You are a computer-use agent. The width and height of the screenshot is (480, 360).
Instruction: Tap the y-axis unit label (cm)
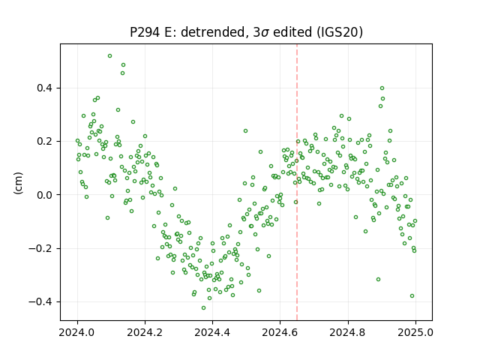point(18,183)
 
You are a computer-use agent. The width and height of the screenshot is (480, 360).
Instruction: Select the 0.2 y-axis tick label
point(45,142)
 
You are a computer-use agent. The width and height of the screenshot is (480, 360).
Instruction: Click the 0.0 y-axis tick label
point(45,195)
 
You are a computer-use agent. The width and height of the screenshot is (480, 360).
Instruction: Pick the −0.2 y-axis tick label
point(40,248)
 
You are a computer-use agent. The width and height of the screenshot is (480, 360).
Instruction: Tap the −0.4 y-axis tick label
point(40,301)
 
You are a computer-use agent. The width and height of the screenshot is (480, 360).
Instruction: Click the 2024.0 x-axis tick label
point(77,332)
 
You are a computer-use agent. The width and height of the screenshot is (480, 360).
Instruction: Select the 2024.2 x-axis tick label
point(145,332)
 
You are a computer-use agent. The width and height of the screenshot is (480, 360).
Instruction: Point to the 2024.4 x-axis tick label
point(212,332)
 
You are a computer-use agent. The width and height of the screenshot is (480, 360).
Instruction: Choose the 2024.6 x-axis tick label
point(280,332)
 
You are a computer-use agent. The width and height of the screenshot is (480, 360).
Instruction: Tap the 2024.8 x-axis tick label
point(348,332)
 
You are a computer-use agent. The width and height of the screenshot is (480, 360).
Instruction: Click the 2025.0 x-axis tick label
point(415,332)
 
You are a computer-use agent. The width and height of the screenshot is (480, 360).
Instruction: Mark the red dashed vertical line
point(297,182)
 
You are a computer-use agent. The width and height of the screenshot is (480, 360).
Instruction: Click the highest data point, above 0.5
point(109,56)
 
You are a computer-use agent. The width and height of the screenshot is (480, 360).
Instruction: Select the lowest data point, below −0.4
point(203,307)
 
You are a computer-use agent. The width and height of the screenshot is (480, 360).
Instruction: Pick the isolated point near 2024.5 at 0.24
point(245,131)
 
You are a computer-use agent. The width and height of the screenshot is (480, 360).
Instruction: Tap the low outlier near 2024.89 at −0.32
point(378,280)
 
